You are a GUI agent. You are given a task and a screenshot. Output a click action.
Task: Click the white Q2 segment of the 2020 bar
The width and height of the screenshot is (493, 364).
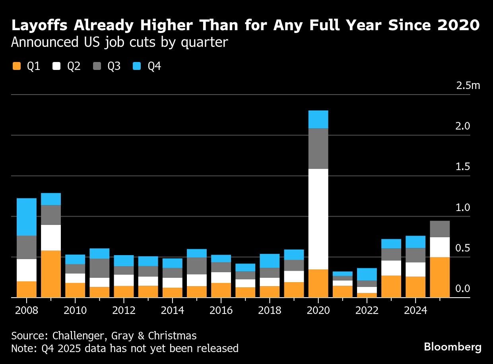click(x=318, y=219)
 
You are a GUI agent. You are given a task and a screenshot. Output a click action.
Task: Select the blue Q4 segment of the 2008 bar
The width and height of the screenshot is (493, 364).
click(x=26, y=217)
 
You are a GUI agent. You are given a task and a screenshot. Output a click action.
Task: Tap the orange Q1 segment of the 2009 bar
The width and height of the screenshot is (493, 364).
click(x=51, y=274)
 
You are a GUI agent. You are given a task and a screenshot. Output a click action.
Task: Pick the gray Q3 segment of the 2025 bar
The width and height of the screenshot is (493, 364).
click(x=440, y=229)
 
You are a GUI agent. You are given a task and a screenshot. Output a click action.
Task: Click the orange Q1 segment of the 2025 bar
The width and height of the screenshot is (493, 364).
click(x=440, y=277)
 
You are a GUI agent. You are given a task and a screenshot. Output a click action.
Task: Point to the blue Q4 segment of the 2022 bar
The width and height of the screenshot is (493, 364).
click(x=367, y=274)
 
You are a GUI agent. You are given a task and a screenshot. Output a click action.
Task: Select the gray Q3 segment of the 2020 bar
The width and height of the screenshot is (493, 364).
click(x=318, y=149)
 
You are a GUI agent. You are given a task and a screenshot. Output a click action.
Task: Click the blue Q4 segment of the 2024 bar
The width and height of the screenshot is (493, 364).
click(x=415, y=242)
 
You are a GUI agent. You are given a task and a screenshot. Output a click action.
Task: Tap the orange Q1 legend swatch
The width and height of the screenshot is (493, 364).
click(x=17, y=66)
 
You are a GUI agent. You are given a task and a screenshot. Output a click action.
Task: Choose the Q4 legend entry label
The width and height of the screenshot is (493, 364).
click(x=154, y=66)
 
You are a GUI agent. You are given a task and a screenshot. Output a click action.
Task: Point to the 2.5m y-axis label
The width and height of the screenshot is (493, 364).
click(x=468, y=85)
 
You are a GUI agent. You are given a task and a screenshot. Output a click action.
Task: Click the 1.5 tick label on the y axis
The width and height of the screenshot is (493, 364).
click(x=463, y=167)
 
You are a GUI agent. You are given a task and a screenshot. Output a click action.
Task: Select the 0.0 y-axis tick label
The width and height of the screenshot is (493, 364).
click(x=463, y=288)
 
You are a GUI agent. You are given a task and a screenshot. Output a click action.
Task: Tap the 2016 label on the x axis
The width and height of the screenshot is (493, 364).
click(x=221, y=310)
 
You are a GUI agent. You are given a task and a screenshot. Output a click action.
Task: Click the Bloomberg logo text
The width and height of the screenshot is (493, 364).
click(x=452, y=347)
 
